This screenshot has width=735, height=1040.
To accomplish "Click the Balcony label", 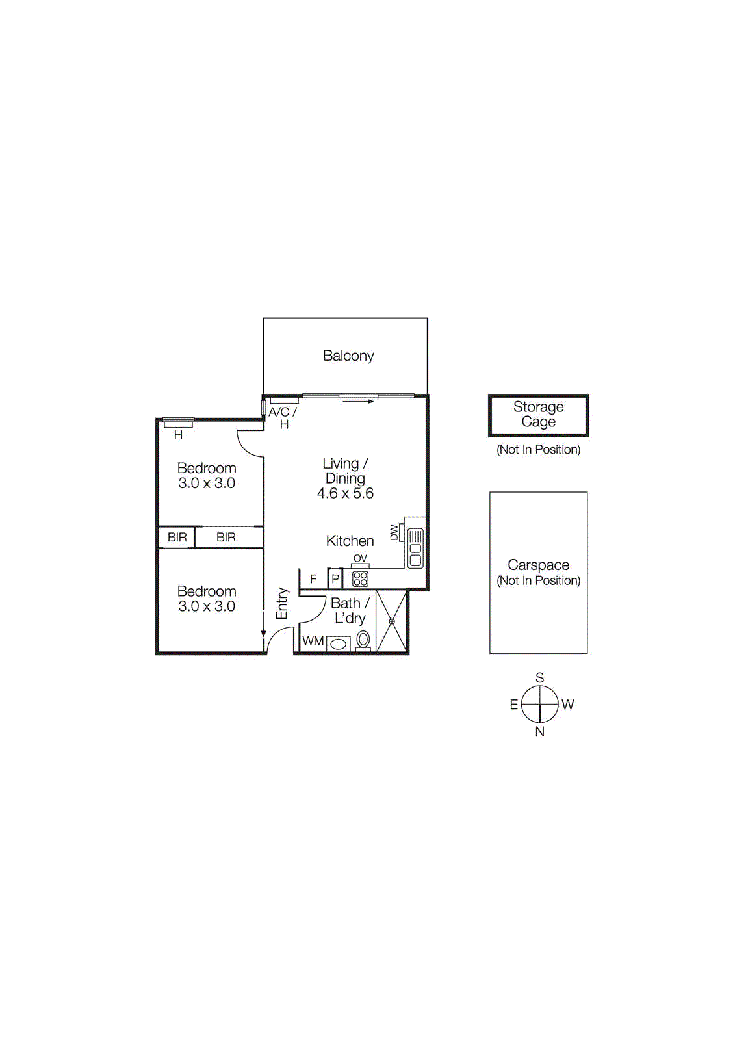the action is click(x=348, y=356).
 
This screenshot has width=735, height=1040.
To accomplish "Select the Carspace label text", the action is click(x=538, y=565).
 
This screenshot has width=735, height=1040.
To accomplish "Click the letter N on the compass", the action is click(x=539, y=732).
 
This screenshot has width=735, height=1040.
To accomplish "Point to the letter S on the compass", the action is click(x=539, y=678).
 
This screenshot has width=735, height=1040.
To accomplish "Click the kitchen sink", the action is click(x=415, y=548).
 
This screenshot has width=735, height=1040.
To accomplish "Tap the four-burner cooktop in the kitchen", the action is click(x=360, y=579).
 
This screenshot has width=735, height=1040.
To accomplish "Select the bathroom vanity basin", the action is click(x=339, y=644).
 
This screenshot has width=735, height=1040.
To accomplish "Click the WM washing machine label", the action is click(x=313, y=641).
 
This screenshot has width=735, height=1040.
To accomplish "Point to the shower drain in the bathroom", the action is click(x=391, y=621).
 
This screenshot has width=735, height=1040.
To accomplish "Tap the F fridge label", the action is click(x=313, y=579).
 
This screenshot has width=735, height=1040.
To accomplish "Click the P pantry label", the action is click(x=335, y=579).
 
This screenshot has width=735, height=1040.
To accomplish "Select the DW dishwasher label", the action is click(x=394, y=532).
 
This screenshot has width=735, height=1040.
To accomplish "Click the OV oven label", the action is click(x=360, y=558).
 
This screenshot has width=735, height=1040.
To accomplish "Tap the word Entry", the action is click(x=282, y=604).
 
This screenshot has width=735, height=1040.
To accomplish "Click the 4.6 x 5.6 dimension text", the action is click(x=345, y=493).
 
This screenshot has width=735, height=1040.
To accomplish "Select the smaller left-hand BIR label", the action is click(x=177, y=537).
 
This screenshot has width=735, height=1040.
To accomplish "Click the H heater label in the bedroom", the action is click(x=178, y=435).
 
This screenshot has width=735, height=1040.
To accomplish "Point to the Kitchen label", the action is click(x=350, y=540).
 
